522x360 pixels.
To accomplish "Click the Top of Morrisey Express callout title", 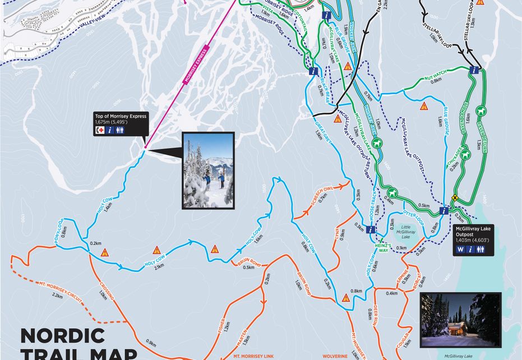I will point(121,116).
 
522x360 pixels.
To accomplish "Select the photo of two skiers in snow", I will point(208,170).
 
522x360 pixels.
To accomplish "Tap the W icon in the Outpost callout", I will point(461,250).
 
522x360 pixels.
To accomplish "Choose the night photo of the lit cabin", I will point(460,319).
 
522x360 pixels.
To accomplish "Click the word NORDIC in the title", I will point(62,336).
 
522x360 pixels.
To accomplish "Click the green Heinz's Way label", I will point(382,250).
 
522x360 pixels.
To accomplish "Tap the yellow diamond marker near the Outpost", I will point(455,197).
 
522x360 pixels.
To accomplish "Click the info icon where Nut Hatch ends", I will point(475,71).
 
